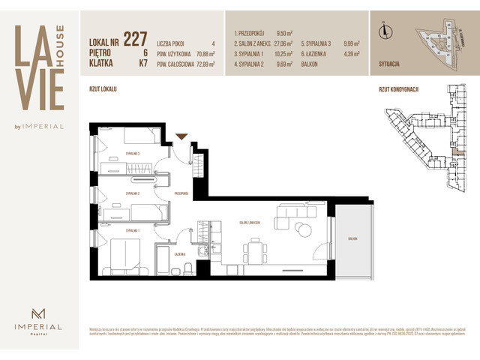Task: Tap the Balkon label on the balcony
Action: point(350,238)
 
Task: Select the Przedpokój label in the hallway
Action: point(181,193)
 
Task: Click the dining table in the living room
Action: point(256,250)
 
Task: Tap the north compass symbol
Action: point(385,31)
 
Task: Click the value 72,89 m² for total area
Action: point(202,65)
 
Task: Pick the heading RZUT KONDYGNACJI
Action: point(398,88)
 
